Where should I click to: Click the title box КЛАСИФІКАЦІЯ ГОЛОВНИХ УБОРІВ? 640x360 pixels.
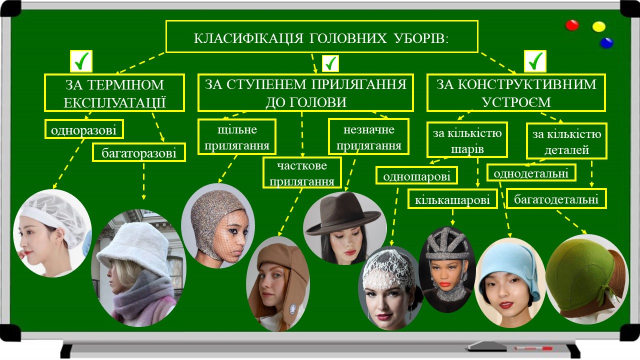tap(321, 36)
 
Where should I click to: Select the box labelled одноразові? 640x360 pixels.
tap(84, 130)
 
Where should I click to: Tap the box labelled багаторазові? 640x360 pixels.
tap(139, 152)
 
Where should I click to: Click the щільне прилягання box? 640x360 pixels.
tap(237, 137)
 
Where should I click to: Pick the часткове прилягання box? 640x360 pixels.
tap(302, 172)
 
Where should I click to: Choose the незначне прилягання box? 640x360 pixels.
tap(368, 137)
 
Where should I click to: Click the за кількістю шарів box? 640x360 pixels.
tap(467, 140)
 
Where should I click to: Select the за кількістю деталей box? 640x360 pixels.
tap(566, 141)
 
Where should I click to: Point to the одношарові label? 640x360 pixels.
tap(417, 175)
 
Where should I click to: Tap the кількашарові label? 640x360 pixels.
tap(453, 199)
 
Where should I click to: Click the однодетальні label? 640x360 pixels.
tap(531, 173)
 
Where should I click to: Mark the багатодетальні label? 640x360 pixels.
tap(556, 198)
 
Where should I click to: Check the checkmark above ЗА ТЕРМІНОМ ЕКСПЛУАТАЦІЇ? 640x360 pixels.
tap(82, 61)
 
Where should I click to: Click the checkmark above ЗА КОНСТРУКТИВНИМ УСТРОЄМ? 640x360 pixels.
tap(535, 61)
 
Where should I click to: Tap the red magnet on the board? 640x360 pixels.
tap(572, 25)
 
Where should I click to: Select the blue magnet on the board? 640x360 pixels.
tap(606, 42)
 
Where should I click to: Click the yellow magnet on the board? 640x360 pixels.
tap(598, 26)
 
